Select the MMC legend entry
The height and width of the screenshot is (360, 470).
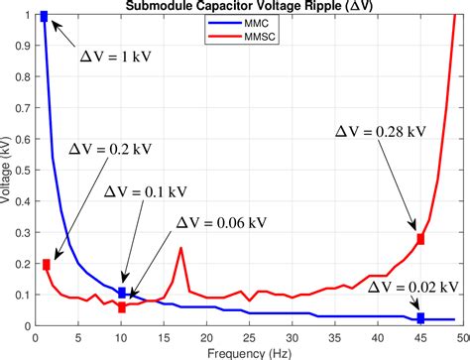(250, 23)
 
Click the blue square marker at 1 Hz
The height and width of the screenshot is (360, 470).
(44, 17)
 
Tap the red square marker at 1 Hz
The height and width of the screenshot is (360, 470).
(45, 264)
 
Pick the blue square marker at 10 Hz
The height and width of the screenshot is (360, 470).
(122, 293)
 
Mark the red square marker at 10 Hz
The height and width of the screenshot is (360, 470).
(122, 307)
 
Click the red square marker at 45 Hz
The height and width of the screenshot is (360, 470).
(420, 239)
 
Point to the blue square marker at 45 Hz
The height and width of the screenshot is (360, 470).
(420, 318)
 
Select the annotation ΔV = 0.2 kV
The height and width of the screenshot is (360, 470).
(110, 149)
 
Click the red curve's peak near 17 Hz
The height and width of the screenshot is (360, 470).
(180, 248)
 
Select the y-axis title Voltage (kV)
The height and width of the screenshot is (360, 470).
(9, 170)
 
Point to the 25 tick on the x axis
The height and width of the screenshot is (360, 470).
(250, 336)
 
